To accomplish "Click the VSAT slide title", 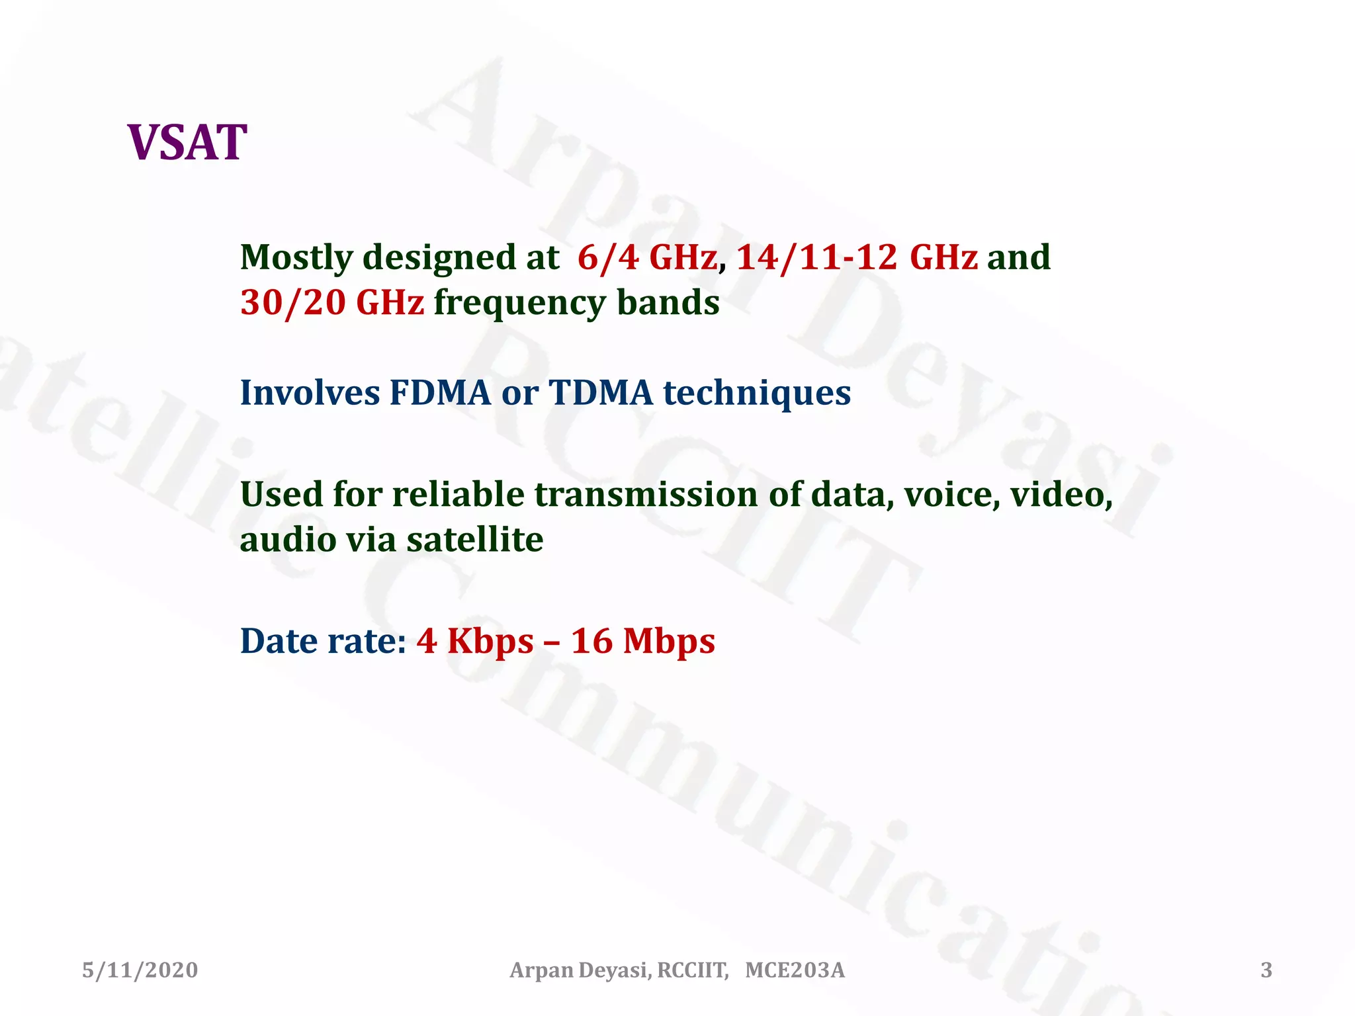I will pos(187,143).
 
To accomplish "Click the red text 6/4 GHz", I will pos(646,257).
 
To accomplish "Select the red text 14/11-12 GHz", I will pos(857,257).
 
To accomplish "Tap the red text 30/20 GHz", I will pos(331,303).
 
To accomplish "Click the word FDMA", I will pos(440,393).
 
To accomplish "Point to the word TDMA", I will pos(601,393).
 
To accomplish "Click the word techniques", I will pos(756,393).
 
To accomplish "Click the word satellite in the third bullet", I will pos(474,540).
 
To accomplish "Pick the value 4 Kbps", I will pos(474,641).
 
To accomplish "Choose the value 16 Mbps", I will pos(642,641).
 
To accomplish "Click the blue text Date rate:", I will pos(323,641).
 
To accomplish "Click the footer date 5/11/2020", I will pos(140,970).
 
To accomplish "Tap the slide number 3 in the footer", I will pos(1266,970).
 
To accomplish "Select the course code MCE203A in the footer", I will pos(795,970).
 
